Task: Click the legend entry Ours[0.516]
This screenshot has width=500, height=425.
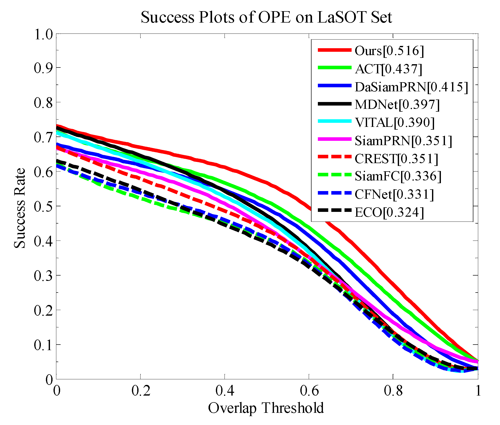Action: tap(389, 51)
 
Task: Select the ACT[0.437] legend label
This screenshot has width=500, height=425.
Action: tap(388, 69)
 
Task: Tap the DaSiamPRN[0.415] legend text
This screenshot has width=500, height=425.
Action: tap(411, 87)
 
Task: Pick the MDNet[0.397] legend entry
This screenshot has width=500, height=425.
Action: tap(397, 105)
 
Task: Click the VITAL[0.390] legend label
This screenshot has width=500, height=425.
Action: tap(394, 123)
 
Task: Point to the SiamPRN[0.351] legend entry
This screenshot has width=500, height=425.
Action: tap(403, 141)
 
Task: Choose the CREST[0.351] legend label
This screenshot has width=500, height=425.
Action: tap(396, 159)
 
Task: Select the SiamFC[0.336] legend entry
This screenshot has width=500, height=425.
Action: tap(398, 176)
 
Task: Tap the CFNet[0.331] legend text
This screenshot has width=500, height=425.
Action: tap(394, 194)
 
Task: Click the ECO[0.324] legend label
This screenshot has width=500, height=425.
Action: tap(389, 212)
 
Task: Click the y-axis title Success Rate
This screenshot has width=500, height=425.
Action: tap(20, 208)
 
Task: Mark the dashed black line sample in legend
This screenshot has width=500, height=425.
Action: tap(335, 210)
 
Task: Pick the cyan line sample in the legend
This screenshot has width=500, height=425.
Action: tap(335, 121)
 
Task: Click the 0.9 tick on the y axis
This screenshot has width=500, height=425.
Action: tap(43, 68)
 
